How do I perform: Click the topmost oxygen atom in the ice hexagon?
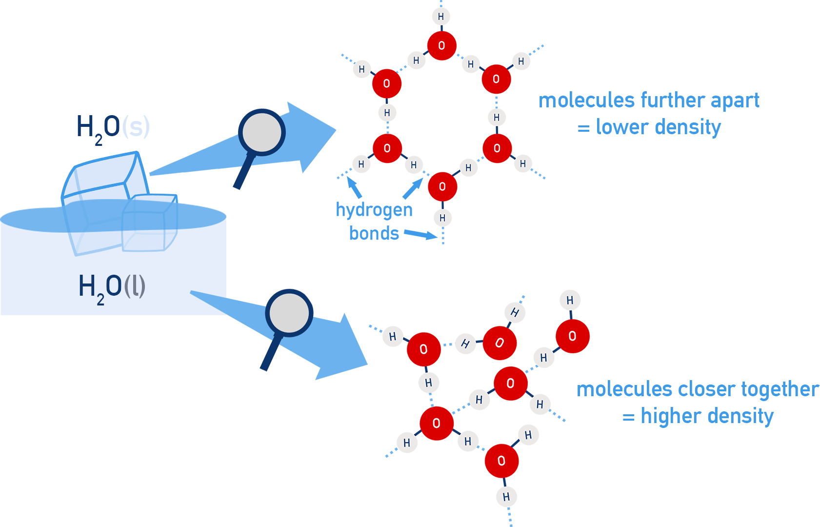[x=441, y=46]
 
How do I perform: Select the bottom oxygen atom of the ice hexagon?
[x=442, y=186]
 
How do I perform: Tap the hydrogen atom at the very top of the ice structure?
[x=440, y=17]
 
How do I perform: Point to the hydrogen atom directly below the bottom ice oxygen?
[x=442, y=218]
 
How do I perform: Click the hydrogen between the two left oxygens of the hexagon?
[x=387, y=113]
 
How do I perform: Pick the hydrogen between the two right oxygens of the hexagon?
[x=496, y=117]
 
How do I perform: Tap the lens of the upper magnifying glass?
[x=261, y=133]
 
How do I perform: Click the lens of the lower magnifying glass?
[x=289, y=313]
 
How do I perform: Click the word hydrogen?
[x=374, y=210]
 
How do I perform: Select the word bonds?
[x=374, y=234]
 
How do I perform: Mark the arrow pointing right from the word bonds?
[x=420, y=235]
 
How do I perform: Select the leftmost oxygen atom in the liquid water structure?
[x=423, y=349]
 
